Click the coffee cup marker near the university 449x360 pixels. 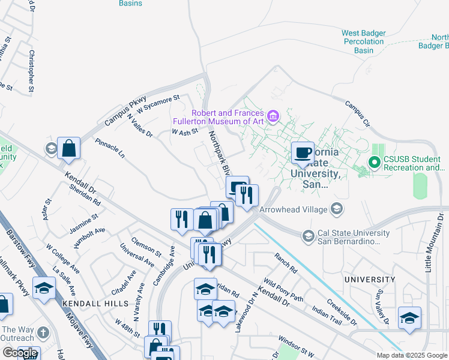click(x=303, y=152)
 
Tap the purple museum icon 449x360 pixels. click(x=273, y=116)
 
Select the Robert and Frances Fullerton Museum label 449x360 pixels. click(x=228, y=118)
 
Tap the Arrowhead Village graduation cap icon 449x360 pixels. click(x=337, y=209)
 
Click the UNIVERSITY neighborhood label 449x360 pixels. click(x=370, y=280)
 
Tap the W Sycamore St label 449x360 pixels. click(x=158, y=104)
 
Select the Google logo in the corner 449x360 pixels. click(x=20, y=353)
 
